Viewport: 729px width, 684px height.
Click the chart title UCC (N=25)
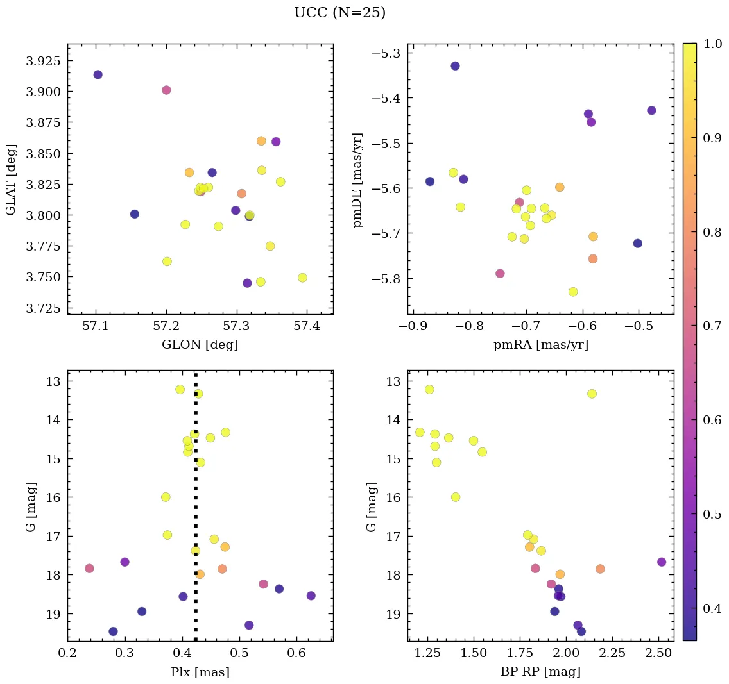point(339,13)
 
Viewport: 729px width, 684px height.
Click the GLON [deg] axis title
point(200,345)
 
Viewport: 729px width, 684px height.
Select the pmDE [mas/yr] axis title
point(358,179)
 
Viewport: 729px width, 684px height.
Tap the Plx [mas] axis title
point(200,672)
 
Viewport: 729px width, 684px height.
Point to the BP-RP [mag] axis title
point(540,672)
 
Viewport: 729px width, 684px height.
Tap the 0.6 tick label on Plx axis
point(296,653)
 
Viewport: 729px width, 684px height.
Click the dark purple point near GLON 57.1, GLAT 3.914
point(98,74)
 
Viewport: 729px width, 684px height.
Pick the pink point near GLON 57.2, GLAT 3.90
point(166,90)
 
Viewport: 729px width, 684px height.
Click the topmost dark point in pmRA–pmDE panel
point(455,65)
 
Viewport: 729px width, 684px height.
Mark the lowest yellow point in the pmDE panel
point(573,292)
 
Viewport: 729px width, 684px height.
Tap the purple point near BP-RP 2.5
point(662,562)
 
